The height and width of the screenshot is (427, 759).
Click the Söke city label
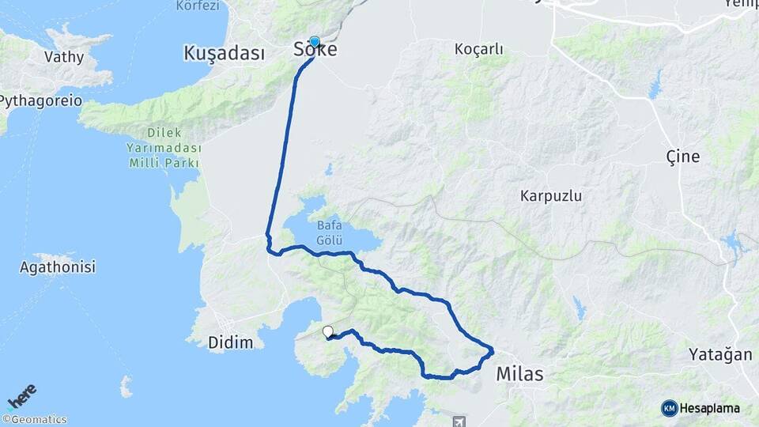315,51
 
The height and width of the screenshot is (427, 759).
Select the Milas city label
519,374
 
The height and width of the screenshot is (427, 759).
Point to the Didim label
232,342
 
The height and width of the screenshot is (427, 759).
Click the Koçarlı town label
478,49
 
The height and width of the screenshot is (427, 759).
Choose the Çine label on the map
682,157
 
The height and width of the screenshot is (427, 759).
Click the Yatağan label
719,354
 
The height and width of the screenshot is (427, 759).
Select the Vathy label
63,56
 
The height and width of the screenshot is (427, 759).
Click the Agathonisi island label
58,267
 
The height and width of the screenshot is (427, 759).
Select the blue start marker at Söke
315,42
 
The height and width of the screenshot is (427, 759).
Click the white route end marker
328,332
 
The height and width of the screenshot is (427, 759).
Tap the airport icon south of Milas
458,420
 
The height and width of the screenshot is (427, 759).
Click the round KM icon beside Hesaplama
669,408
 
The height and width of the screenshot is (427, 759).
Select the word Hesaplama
710,408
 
